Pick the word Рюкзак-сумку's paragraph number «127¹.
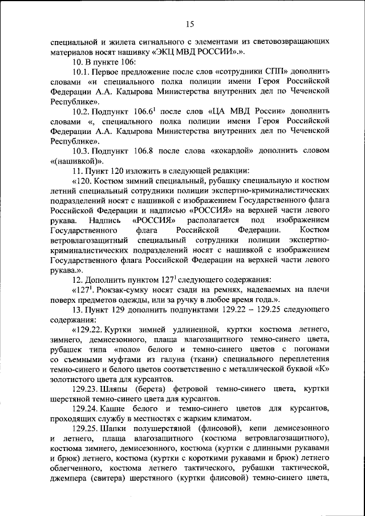83,290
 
